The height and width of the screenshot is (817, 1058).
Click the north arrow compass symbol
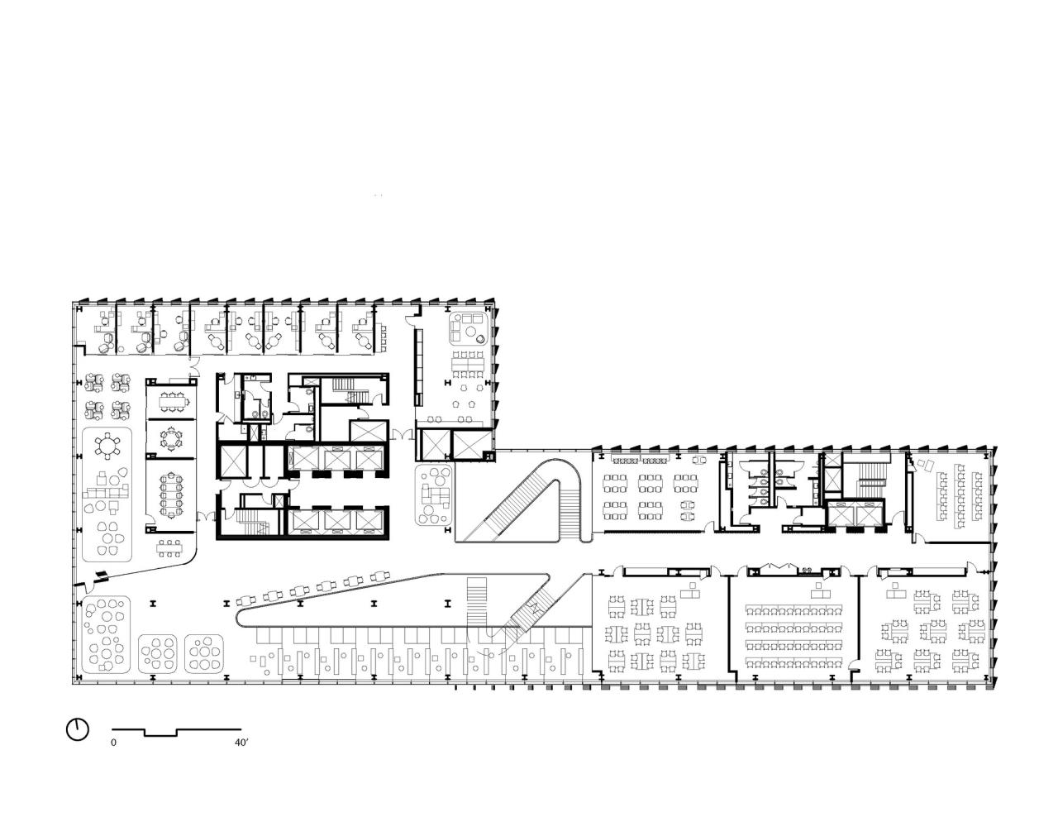click(x=77, y=729)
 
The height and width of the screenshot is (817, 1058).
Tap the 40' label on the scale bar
click(x=241, y=743)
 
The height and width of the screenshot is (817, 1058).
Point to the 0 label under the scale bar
click(x=114, y=743)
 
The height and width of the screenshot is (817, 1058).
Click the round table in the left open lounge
click(x=107, y=447)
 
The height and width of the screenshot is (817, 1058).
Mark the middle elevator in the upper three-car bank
click(x=337, y=460)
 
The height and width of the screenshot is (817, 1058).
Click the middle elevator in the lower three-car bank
click(x=337, y=521)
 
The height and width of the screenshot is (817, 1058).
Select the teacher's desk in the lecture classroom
click(x=820, y=590)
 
